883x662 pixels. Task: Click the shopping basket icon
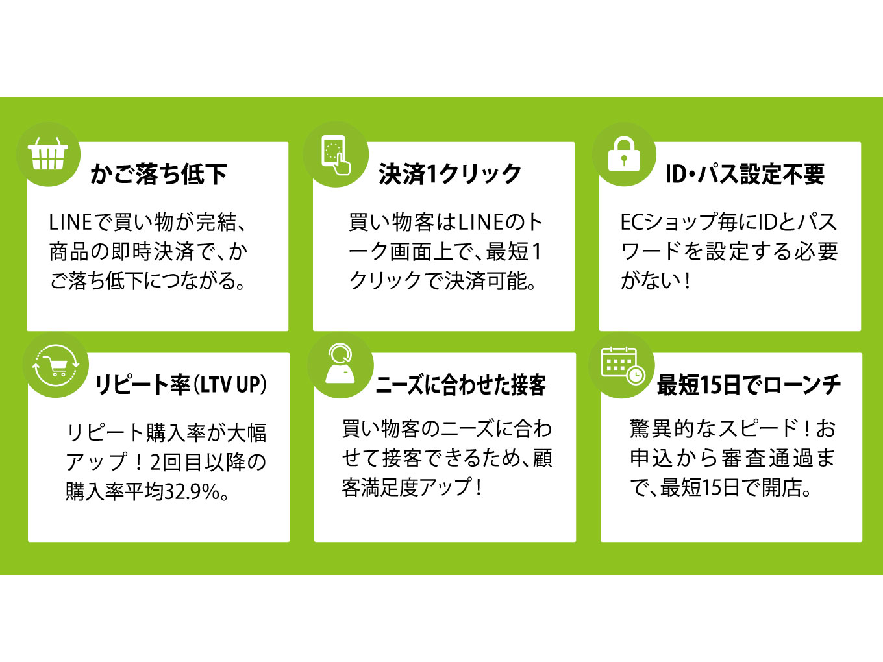coord(48,154)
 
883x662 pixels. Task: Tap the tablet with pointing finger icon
coord(336,155)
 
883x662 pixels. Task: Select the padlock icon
coord(624,154)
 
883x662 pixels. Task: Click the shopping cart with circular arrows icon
coord(56,365)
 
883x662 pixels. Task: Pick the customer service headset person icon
coord(340,363)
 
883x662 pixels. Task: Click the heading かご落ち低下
coord(158,175)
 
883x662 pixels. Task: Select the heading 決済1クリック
coord(450,175)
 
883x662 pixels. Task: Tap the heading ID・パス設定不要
coord(745,175)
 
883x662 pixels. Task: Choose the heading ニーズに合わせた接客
coord(460,385)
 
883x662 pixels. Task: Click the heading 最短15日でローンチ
coord(749,385)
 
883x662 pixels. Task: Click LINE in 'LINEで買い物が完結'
coord(70,222)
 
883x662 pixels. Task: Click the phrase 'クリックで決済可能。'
coord(442,280)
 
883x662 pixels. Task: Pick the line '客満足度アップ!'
coord(412,487)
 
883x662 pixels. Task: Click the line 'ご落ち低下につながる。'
coord(147,280)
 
